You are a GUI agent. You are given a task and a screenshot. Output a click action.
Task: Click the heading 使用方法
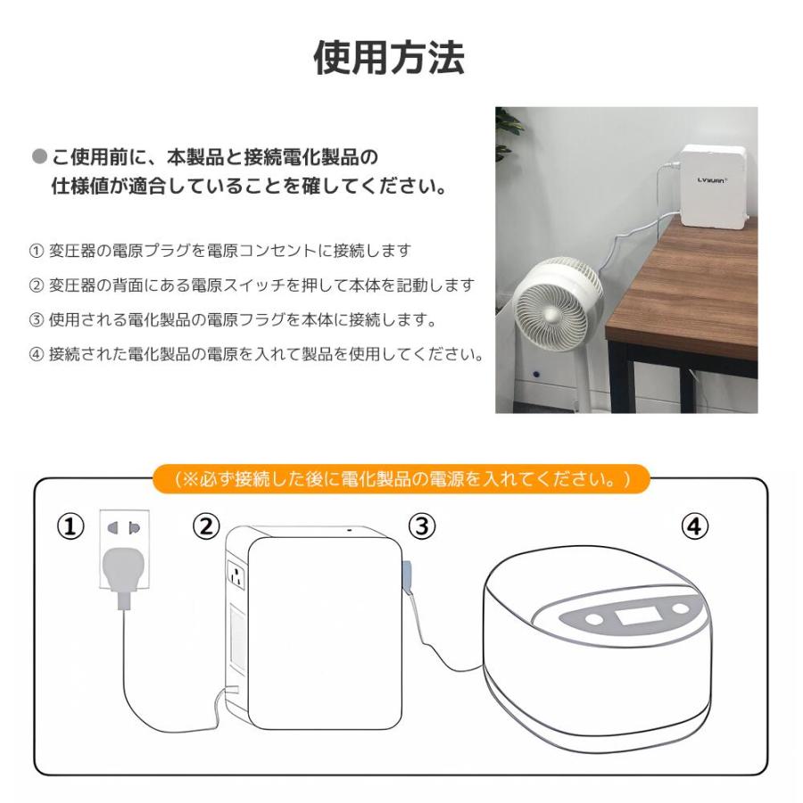click(x=389, y=58)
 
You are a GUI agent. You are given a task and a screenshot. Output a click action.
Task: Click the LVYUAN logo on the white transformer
click(x=711, y=179)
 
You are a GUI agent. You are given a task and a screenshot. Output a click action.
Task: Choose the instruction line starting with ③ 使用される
click(x=233, y=319)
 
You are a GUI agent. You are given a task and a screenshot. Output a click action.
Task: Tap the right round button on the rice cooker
click(x=680, y=609)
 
